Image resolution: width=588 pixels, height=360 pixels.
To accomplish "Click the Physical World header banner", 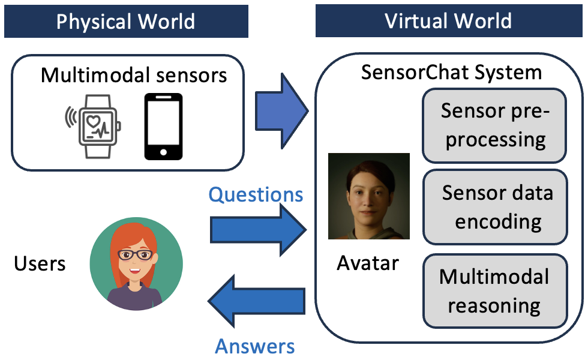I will [126, 21].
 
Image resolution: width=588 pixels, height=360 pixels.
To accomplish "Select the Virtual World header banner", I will [448, 21].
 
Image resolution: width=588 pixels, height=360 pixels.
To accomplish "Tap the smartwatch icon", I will [95, 125].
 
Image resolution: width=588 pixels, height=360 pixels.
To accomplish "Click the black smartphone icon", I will [163, 126].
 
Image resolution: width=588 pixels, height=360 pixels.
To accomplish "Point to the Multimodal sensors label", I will [134, 76].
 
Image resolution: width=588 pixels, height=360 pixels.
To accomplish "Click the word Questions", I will [256, 194].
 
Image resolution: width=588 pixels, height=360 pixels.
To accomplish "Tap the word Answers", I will [255, 346].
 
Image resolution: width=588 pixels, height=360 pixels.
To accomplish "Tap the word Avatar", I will [367, 263].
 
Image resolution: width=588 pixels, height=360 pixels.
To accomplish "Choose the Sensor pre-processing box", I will [495, 125].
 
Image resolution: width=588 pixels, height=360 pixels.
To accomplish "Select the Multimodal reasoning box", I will [494, 291].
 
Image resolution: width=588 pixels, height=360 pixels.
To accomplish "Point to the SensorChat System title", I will [451, 73].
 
